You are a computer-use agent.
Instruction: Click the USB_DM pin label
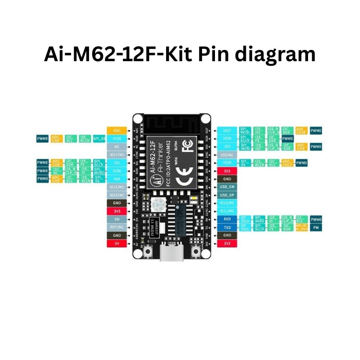227,187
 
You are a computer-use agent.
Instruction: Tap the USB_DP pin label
227,195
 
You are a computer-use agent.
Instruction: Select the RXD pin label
227,219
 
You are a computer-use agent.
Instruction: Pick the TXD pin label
227,227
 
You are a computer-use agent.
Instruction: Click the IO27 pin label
227,131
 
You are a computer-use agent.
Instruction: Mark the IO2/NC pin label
227,154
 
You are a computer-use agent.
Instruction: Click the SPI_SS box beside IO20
99,139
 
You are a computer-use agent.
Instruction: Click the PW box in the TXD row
316,227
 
